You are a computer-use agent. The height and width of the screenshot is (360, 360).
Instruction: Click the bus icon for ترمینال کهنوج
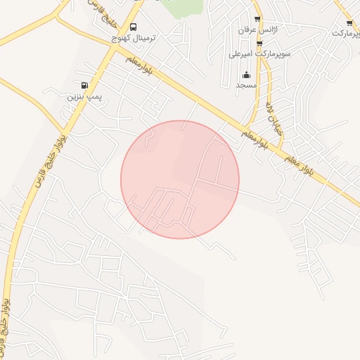(x=143, y=29)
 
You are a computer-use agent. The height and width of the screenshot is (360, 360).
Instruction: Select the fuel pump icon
(x=84, y=86)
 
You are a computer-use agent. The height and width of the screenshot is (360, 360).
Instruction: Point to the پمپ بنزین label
(x=81, y=96)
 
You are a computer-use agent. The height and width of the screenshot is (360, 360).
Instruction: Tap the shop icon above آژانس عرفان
(x=257, y=19)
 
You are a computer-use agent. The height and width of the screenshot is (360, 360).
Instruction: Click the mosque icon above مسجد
(x=246, y=75)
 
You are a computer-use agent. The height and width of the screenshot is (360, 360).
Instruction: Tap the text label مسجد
(x=245, y=85)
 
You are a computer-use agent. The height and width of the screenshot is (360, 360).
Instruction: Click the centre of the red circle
(x=180, y=179)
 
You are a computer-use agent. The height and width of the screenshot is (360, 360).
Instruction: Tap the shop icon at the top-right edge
(x=349, y=23)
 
